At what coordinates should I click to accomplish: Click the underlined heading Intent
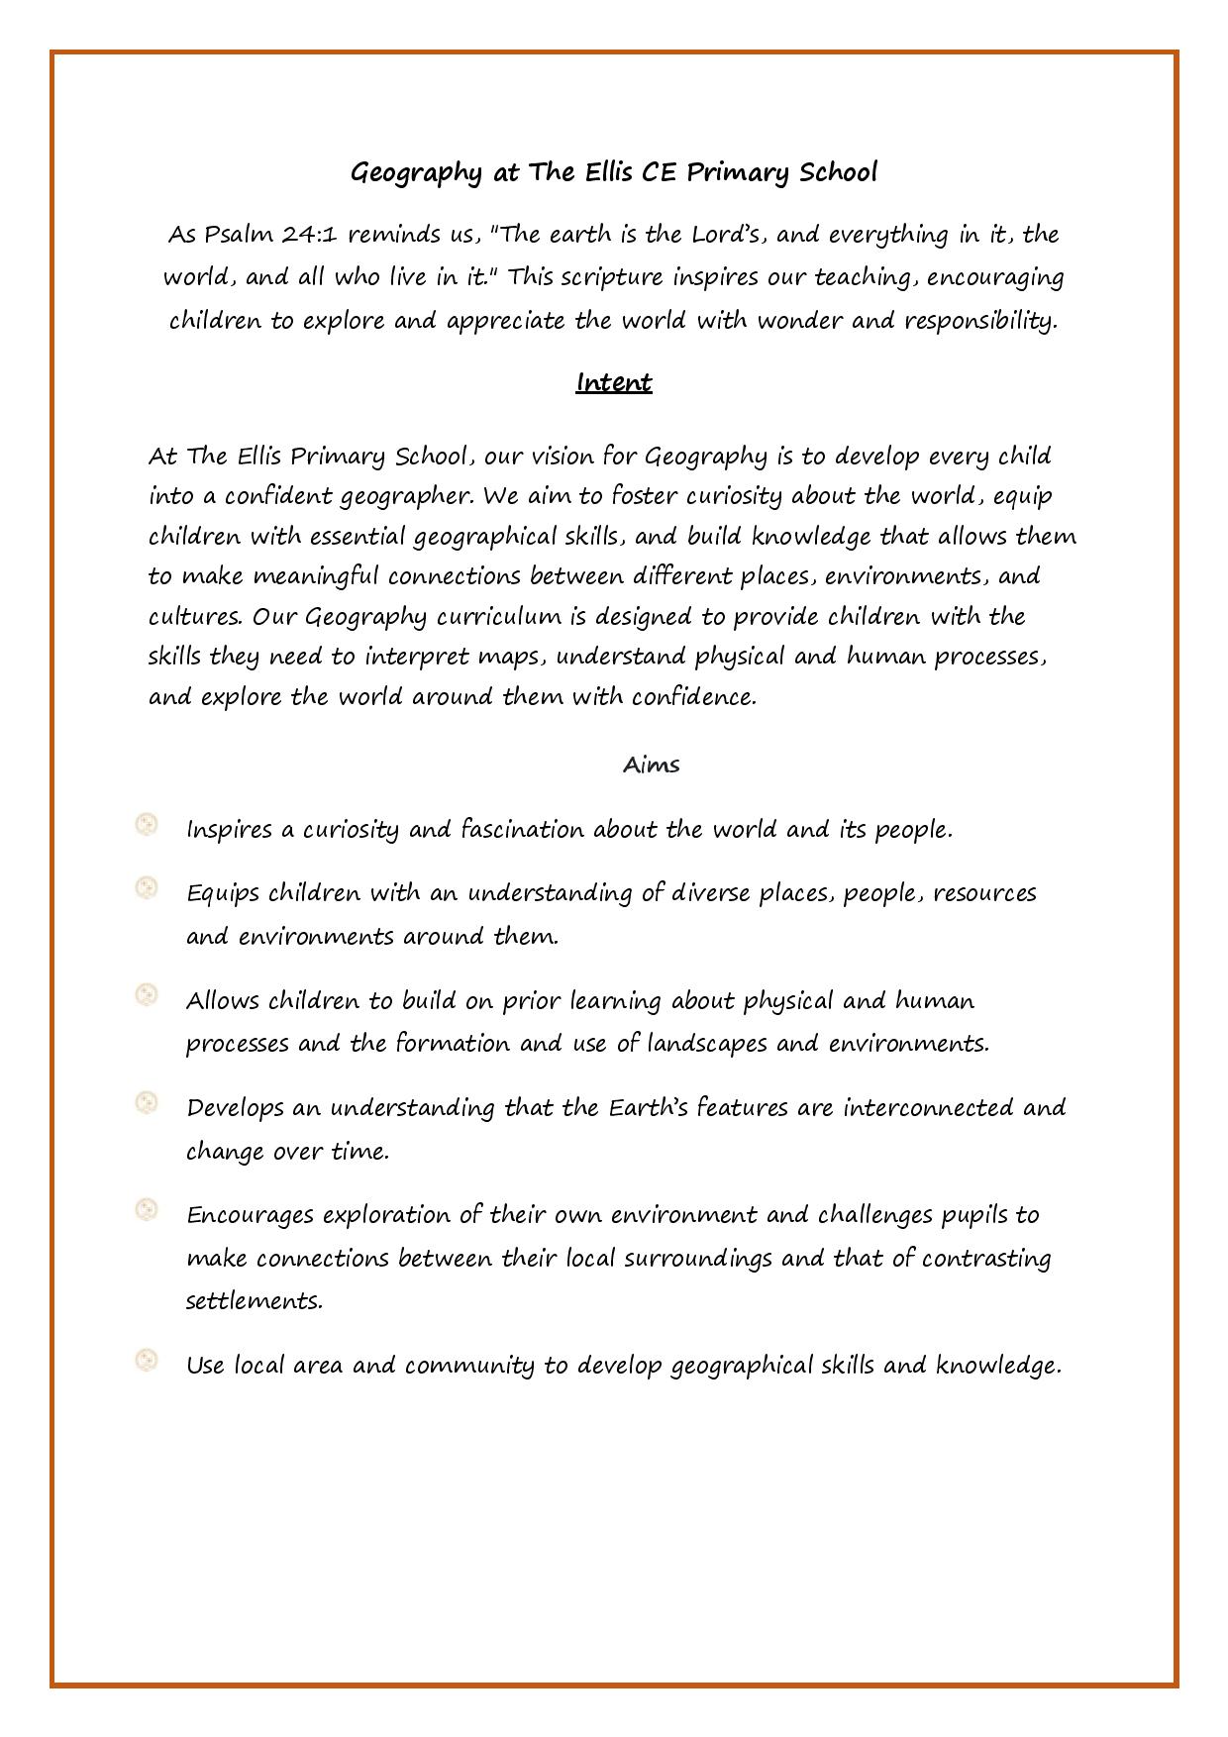[x=613, y=382]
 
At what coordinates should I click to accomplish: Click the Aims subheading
[x=651, y=765]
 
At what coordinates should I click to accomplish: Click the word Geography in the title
[x=416, y=173]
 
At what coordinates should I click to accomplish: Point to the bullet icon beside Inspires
[x=147, y=825]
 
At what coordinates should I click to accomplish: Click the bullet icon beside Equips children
[x=147, y=888]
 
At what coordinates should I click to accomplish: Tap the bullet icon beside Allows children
[x=147, y=995]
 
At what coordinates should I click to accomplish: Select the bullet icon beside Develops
[x=147, y=1102]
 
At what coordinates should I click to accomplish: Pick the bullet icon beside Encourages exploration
[x=147, y=1209]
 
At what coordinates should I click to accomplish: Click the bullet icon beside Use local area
[x=147, y=1361]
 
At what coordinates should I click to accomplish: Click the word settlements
[x=254, y=1300]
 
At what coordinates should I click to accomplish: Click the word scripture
[x=611, y=277]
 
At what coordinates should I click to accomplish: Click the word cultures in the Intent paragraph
[x=195, y=617]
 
